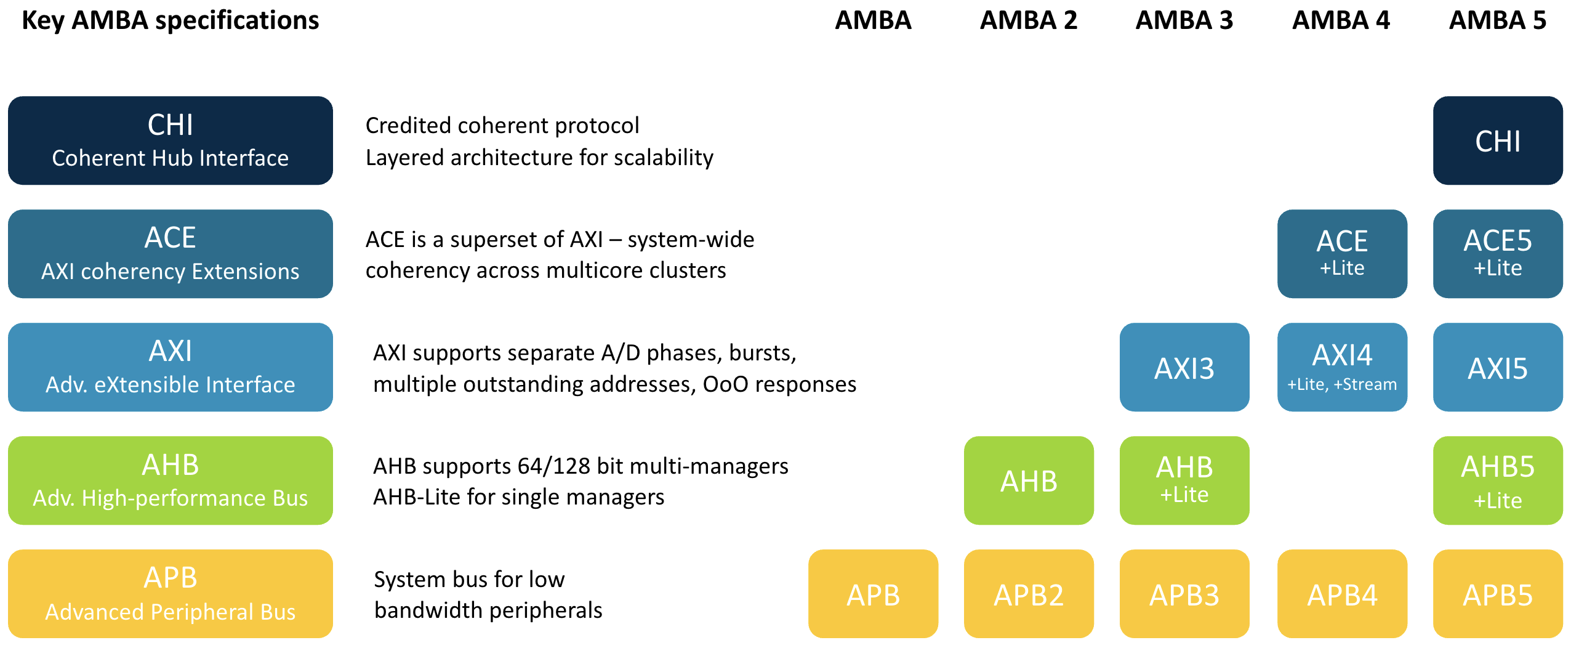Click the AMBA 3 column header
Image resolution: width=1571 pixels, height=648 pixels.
pos(1184,20)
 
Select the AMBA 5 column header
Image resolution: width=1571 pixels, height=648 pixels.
pos(1498,20)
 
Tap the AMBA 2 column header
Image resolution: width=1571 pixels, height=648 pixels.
pos(1029,20)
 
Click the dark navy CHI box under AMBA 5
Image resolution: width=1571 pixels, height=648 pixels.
pos(1498,140)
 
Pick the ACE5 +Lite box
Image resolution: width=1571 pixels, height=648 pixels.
pos(1498,254)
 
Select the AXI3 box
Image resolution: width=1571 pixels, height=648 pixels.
pos(1184,367)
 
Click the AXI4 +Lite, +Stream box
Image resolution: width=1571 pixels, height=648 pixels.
pos(1342,367)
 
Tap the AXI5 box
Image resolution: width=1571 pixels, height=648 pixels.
pos(1498,367)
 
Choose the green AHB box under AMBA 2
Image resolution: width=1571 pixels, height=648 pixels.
pos(1029,480)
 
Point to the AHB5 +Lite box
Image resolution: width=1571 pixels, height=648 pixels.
pos(1498,480)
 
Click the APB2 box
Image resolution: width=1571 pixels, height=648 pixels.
pos(1029,594)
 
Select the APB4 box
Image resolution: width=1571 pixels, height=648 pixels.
pos(1342,594)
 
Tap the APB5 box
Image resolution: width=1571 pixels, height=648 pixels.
pos(1498,594)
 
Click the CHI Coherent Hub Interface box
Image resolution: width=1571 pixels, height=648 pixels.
pos(171,140)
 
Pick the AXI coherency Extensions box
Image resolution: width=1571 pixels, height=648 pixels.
pos(171,254)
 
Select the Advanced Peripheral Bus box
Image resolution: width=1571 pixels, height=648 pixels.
pos(171,594)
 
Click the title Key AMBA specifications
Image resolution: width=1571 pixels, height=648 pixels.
pos(171,21)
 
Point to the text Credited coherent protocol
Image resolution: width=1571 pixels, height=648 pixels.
pos(502,126)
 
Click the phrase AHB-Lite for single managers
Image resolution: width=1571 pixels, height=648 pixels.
pos(519,497)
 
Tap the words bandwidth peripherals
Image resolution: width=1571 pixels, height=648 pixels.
pos(488,610)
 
